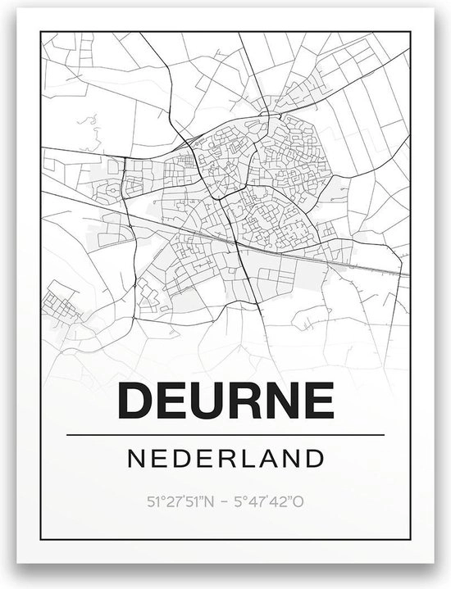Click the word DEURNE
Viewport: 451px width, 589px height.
225,401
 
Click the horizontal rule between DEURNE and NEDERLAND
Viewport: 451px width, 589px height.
225,434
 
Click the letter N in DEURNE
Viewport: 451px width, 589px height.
280,401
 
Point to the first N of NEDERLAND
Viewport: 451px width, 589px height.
136,456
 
